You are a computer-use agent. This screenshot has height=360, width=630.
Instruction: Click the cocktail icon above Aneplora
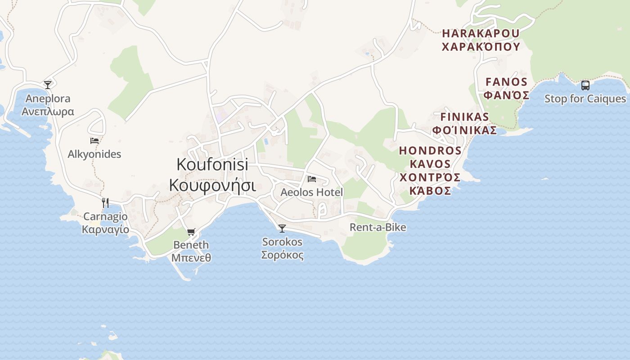pos(47,85)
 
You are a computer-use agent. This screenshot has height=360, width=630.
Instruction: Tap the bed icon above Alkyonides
pos(94,141)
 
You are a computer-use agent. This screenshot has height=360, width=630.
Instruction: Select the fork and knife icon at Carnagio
pos(105,203)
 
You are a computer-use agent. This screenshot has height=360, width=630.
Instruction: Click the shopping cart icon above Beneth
pos(191,232)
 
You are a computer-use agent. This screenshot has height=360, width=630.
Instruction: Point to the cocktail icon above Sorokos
pos(282,229)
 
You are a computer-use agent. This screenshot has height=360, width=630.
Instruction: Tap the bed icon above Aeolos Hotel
pos(311,179)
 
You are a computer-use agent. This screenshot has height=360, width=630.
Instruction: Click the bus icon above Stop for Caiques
pos(585,85)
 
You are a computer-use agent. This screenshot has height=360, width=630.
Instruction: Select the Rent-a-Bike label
pos(378,227)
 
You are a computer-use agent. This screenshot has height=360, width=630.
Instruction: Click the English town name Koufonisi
pos(212,164)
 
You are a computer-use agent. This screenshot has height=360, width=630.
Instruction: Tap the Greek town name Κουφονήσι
pos(212,185)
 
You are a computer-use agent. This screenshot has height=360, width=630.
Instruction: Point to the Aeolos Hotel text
pos(311,192)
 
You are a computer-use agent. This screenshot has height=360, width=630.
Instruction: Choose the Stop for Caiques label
pos(585,99)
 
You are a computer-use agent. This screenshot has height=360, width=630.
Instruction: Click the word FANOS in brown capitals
pos(506,82)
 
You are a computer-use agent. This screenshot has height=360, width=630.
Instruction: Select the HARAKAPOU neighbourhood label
pos(481,33)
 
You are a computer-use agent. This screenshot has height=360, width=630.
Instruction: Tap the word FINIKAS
pos(464,117)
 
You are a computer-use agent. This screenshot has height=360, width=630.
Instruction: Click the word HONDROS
pos(430,150)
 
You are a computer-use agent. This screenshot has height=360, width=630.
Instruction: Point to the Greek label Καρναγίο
pos(105,229)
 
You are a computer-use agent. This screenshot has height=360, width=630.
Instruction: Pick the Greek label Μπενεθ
pos(191,258)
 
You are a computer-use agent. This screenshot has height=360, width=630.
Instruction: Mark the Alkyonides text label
pos(94,154)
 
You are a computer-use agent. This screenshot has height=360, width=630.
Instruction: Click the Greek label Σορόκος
pos(282,255)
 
